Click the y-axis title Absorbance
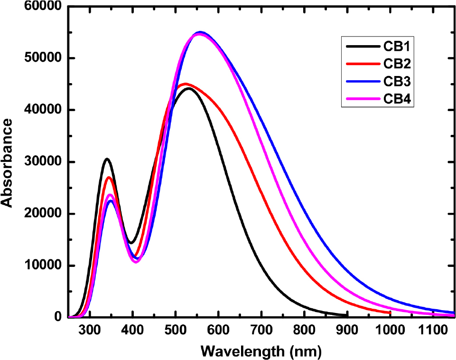(x=7, y=162)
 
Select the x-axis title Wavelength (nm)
(x=261, y=351)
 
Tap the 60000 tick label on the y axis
(x=42, y=7)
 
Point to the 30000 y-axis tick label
(x=42, y=162)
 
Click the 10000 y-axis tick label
(x=42, y=265)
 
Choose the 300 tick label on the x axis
(x=90, y=329)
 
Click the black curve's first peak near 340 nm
(x=107, y=159)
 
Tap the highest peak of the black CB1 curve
(x=189, y=88)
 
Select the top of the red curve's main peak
(x=185, y=84)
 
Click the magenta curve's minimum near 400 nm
(x=136, y=262)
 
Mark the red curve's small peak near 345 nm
(x=109, y=177)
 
